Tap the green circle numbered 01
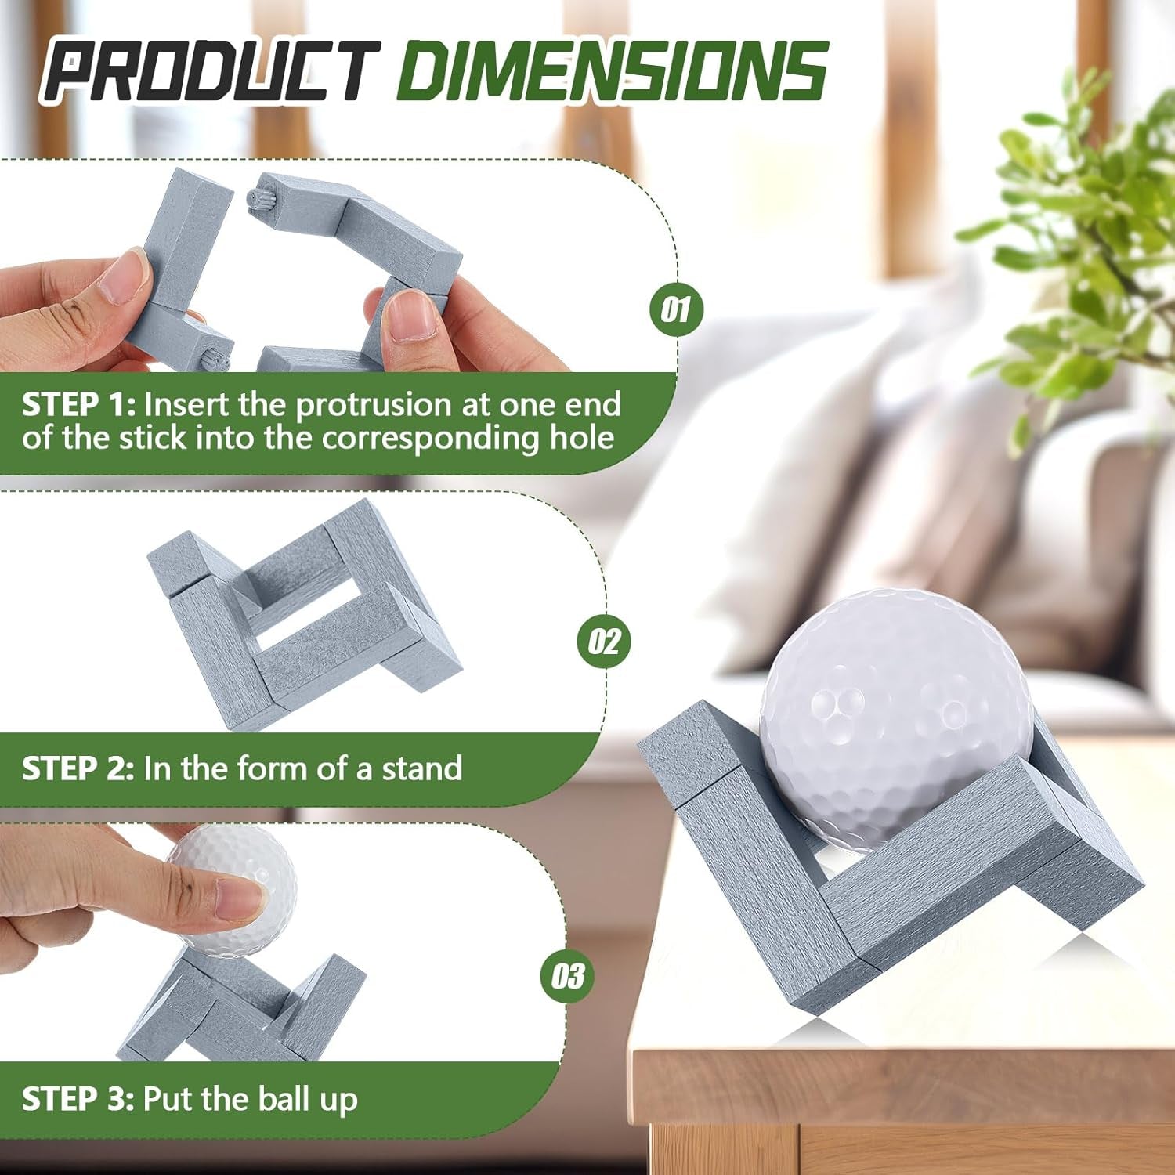(676, 309)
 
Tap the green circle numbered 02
(603, 641)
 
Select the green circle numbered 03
(567, 975)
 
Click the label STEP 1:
(78, 405)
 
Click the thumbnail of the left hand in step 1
(125, 278)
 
